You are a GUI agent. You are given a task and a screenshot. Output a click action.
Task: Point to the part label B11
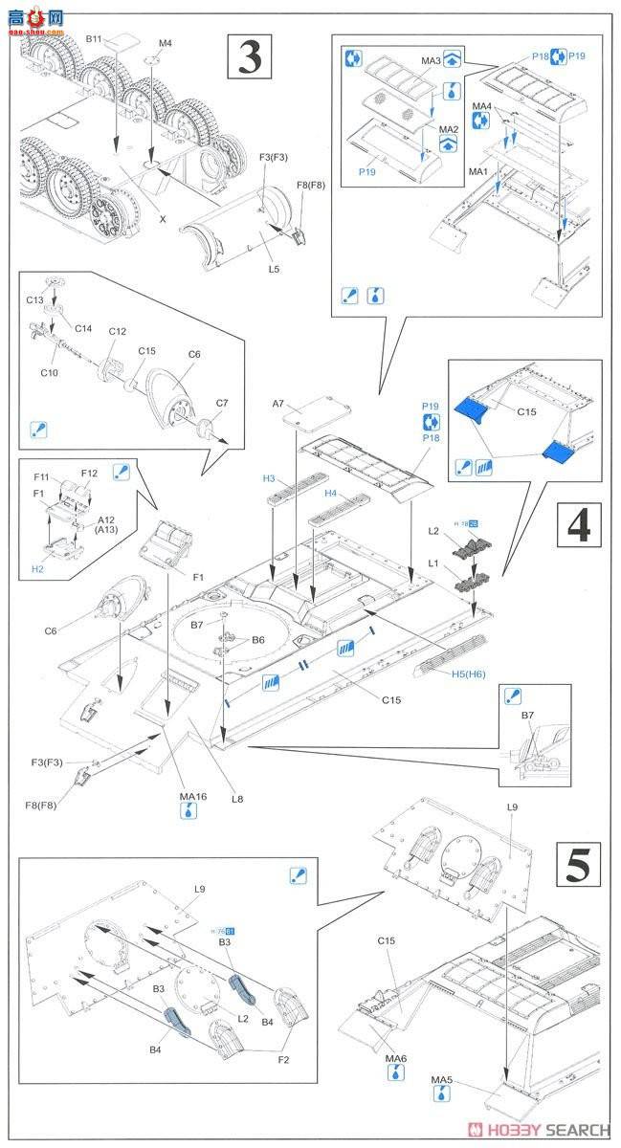(x=94, y=39)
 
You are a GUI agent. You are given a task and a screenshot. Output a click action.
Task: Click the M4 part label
(x=165, y=43)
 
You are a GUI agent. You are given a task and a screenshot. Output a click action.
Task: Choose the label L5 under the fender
(x=274, y=269)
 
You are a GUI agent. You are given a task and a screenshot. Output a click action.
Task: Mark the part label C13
(x=34, y=299)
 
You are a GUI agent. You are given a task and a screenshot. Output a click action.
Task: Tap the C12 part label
(x=117, y=331)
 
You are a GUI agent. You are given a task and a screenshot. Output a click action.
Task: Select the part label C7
(x=221, y=403)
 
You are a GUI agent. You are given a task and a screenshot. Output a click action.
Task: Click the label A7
(x=279, y=405)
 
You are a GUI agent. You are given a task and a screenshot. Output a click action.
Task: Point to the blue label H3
(x=270, y=477)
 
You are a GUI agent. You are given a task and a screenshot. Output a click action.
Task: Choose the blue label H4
(x=331, y=493)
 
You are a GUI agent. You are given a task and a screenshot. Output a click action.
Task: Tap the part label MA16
(x=193, y=797)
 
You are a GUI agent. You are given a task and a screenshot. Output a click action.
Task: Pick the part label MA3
(x=431, y=61)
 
